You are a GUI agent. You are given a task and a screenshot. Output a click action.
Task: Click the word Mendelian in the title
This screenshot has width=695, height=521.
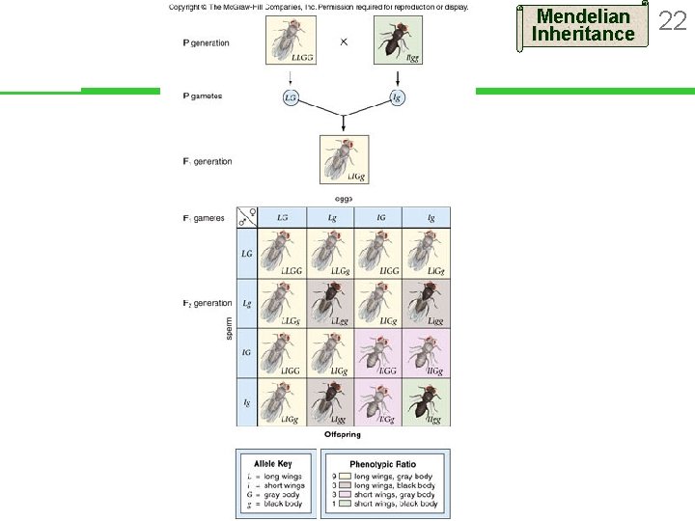[583, 16]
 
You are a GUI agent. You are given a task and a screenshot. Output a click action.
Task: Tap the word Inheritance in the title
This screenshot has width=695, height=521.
[583, 35]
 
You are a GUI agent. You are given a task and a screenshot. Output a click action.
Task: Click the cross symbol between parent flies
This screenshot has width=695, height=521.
[344, 43]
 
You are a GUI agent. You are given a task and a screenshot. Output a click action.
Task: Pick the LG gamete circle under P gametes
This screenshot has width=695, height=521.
[290, 97]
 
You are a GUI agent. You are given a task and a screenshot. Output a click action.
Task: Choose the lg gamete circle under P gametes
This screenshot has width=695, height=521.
[397, 97]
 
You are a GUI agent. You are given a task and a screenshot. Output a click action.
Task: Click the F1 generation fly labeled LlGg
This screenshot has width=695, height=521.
[344, 157]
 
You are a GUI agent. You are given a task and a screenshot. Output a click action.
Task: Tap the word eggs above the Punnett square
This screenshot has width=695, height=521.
[343, 199]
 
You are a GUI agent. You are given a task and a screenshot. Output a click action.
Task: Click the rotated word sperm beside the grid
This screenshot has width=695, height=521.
[229, 327]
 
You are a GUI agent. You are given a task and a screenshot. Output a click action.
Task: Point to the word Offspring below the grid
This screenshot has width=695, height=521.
[343, 435]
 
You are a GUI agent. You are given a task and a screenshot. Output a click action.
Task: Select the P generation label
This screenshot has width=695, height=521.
[207, 43]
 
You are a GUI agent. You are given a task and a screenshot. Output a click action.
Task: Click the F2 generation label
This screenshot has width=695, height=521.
[207, 303]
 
